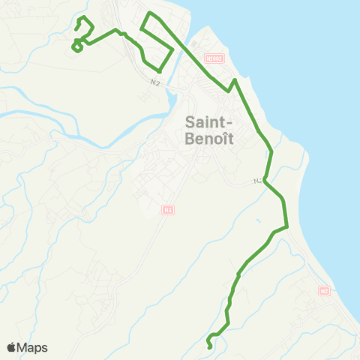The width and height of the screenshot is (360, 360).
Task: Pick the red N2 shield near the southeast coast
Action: coord(324,291)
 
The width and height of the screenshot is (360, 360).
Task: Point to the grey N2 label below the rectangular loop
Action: coord(155,82)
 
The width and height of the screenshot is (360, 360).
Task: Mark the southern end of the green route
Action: coord(208,346)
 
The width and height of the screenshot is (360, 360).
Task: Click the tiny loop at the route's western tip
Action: coord(76,47)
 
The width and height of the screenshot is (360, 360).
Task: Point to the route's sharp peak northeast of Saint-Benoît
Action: coord(235,79)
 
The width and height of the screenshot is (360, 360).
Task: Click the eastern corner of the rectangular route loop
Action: coord(174,50)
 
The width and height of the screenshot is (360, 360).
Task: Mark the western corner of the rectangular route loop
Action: coord(141,30)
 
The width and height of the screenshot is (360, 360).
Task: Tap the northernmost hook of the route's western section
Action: coord(82,16)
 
